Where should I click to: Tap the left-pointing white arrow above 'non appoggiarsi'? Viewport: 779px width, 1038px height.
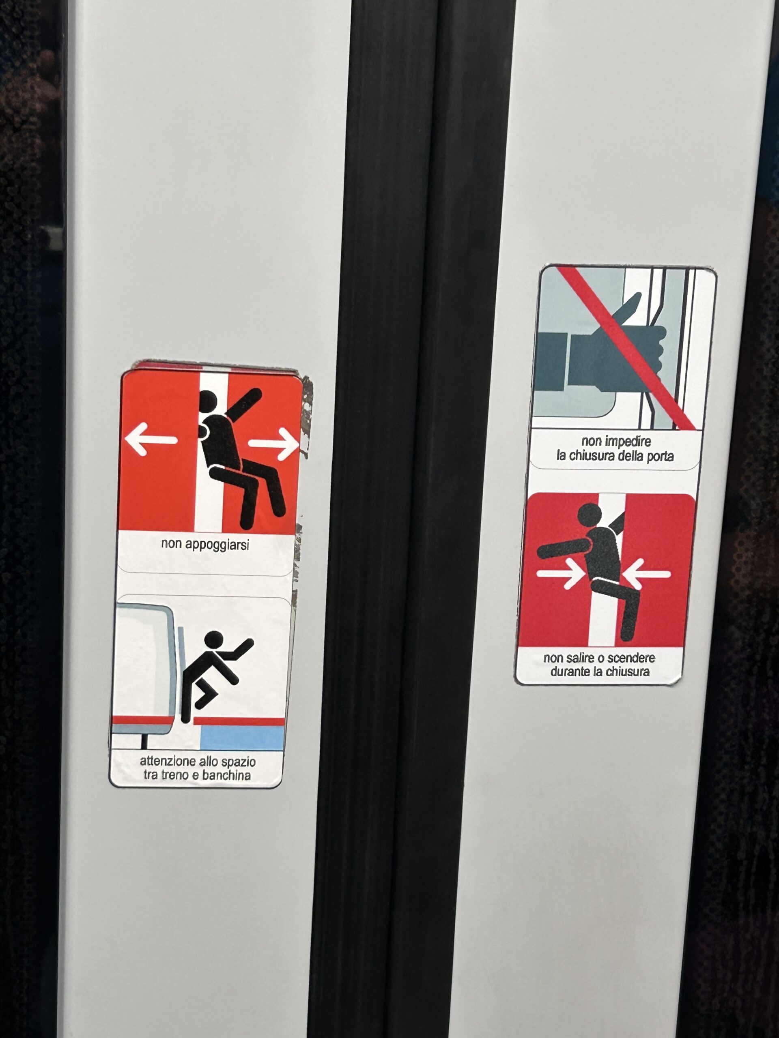(151, 439)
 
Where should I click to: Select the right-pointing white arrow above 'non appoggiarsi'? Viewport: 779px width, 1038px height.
(274, 444)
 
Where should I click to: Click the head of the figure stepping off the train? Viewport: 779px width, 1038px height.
(214, 639)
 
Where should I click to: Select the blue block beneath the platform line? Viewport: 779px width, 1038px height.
(242, 738)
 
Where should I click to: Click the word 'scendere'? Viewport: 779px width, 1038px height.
(632, 658)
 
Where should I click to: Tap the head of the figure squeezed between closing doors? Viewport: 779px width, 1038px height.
(589, 515)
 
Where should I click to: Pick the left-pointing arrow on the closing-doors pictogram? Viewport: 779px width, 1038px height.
(648, 574)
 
